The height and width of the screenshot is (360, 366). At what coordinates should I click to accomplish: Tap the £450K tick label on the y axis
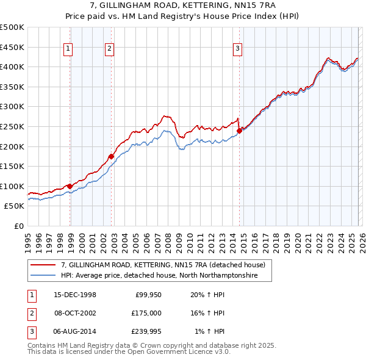click(x=12, y=47)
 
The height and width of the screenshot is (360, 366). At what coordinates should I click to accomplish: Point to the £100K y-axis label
click(x=12, y=186)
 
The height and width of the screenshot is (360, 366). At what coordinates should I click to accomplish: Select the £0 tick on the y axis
click(x=18, y=226)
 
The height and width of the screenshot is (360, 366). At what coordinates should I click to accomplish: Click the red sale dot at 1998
click(x=70, y=186)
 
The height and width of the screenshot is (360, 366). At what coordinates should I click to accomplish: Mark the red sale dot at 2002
click(x=111, y=156)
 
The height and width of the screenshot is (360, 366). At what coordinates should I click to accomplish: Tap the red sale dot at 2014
click(x=239, y=130)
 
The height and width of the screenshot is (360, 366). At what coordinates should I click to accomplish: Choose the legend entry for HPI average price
click(x=159, y=276)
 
